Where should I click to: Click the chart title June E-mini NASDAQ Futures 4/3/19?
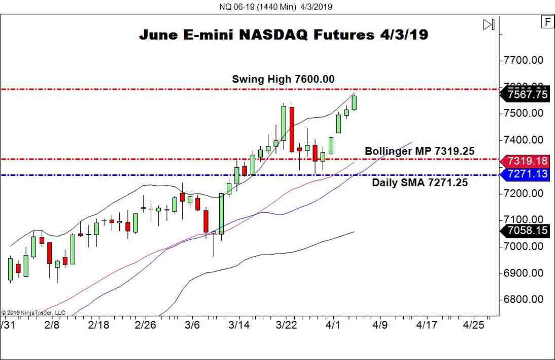tap(284, 35)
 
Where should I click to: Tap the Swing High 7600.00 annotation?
tap(283, 79)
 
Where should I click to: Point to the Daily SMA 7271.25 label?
tap(420, 183)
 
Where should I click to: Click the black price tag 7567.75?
tap(526, 95)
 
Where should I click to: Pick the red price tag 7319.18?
tap(526, 161)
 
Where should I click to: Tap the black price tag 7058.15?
tap(526, 231)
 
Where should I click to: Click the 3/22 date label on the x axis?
tap(286, 325)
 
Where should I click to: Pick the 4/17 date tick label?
tap(427, 325)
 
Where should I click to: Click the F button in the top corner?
tap(547, 22)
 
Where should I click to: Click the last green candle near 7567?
tap(354, 102)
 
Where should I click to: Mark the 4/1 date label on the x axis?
tap(333, 325)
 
